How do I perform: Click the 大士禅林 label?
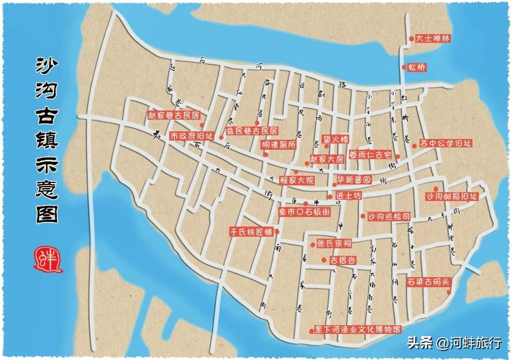(432, 39)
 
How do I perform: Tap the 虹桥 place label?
(417, 67)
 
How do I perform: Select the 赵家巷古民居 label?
(173, 115)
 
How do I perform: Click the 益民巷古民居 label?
(251, 131)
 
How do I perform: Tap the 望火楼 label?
(336, 139)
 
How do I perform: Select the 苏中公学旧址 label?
(446, 143)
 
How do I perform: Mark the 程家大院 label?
(297, 180)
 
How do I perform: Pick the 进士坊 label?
(348, 195)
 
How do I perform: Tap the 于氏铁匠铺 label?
(251, 232)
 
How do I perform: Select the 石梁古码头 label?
(429, 281)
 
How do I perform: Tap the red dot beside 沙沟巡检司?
(363, 216)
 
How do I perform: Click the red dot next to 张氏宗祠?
(312, 245)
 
